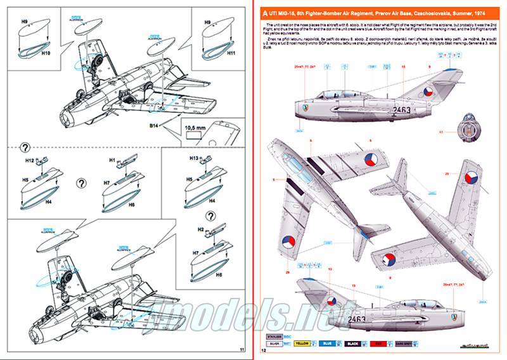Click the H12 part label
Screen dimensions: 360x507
[30, 161]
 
